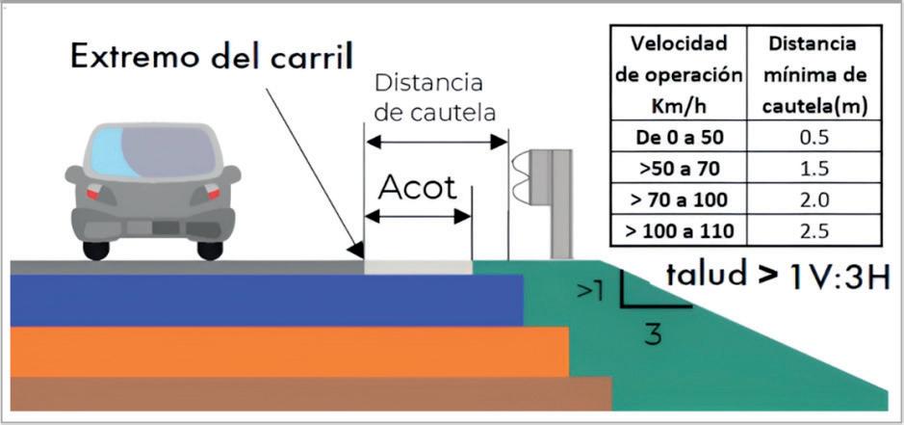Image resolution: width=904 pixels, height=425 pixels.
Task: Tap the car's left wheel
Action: tap(96, 250)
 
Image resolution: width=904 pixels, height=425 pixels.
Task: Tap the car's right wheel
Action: tap(210, 250)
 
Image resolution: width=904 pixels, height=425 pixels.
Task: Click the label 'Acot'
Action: tap(417, 187)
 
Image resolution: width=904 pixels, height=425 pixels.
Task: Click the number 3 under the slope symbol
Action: tap(653, 334)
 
